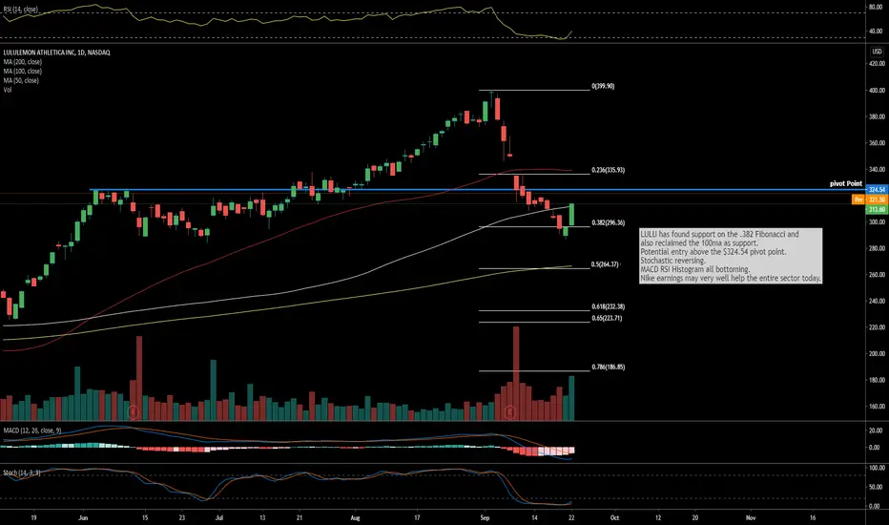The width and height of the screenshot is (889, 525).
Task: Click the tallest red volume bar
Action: [516, 372]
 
